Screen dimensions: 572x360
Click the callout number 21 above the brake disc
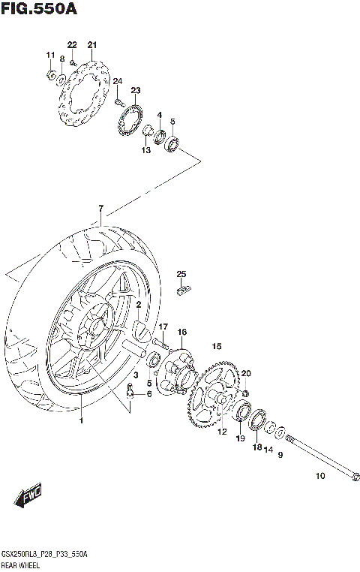point(92,46)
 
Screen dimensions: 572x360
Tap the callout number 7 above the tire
point(100,207)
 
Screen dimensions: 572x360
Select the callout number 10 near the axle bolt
point(320,476)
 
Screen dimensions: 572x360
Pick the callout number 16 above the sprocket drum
point(181,332)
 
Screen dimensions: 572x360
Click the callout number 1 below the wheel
point(82,420)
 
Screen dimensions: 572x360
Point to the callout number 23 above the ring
point(135,90)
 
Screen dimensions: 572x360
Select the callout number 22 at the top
point(72,46)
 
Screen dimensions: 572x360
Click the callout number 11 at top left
point(50,55)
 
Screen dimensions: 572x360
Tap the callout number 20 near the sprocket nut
point(246,373)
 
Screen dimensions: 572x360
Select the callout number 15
point(217,346)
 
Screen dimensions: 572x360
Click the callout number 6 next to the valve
point(148,394)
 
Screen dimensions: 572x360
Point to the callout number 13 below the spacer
point(145,150)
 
